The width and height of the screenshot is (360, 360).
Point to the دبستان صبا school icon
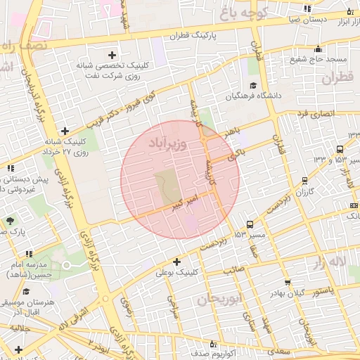coord(308,8)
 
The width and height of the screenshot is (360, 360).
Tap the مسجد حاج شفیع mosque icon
coord(318,49)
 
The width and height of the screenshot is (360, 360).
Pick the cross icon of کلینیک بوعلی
coord(176,262)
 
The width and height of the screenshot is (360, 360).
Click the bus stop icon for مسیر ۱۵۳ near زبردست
coord(250,226)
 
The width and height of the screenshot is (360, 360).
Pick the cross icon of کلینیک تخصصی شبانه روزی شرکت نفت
coord(112,55)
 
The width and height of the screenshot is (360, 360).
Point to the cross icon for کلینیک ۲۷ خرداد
coord(65,131)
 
